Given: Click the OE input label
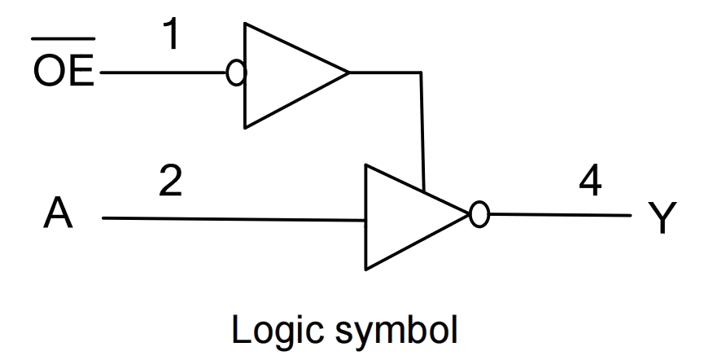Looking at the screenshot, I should click(x=63, y=72).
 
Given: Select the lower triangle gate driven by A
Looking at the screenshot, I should click(x=407, y=217).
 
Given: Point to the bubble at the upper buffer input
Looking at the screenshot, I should click(x=235, y=73).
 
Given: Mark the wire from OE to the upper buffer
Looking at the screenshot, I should click(x=163, y=72).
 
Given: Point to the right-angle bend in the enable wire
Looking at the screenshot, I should click(x=421, y=73).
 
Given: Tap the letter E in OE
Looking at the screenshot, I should click(x=81, y=72).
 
